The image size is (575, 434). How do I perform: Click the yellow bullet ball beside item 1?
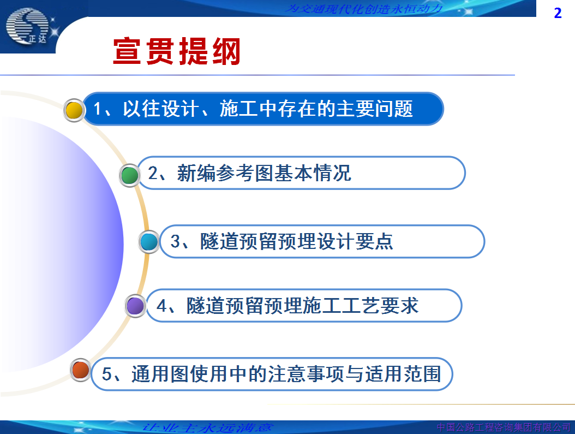tap(74, 110)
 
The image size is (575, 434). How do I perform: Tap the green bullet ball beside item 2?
tap(129, 175)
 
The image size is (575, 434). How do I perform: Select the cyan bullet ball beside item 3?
tap(149, 242)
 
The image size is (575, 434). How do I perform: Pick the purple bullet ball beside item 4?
tap(135, 306)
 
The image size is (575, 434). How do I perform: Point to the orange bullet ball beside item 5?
tap(81, 370)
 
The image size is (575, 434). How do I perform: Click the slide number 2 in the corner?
tap(558, 13)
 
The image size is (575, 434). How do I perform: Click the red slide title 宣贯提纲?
tap(177, 51)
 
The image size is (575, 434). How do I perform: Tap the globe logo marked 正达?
tap(27, 26)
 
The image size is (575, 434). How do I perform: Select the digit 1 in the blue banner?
tap(98, 109)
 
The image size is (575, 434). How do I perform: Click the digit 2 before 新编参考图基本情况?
tap(153, 173)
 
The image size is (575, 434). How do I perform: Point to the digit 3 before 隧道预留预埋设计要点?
tap(175, 241)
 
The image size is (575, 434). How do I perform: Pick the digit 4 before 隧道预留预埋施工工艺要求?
tap(161, 306)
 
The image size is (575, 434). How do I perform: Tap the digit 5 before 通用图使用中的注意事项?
tap(107, 374)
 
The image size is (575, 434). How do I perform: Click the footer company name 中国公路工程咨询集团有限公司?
tap(504, 427)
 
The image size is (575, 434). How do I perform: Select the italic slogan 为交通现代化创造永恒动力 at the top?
tap(364, 8)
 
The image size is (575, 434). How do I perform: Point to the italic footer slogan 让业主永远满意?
tap(207, 428)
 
